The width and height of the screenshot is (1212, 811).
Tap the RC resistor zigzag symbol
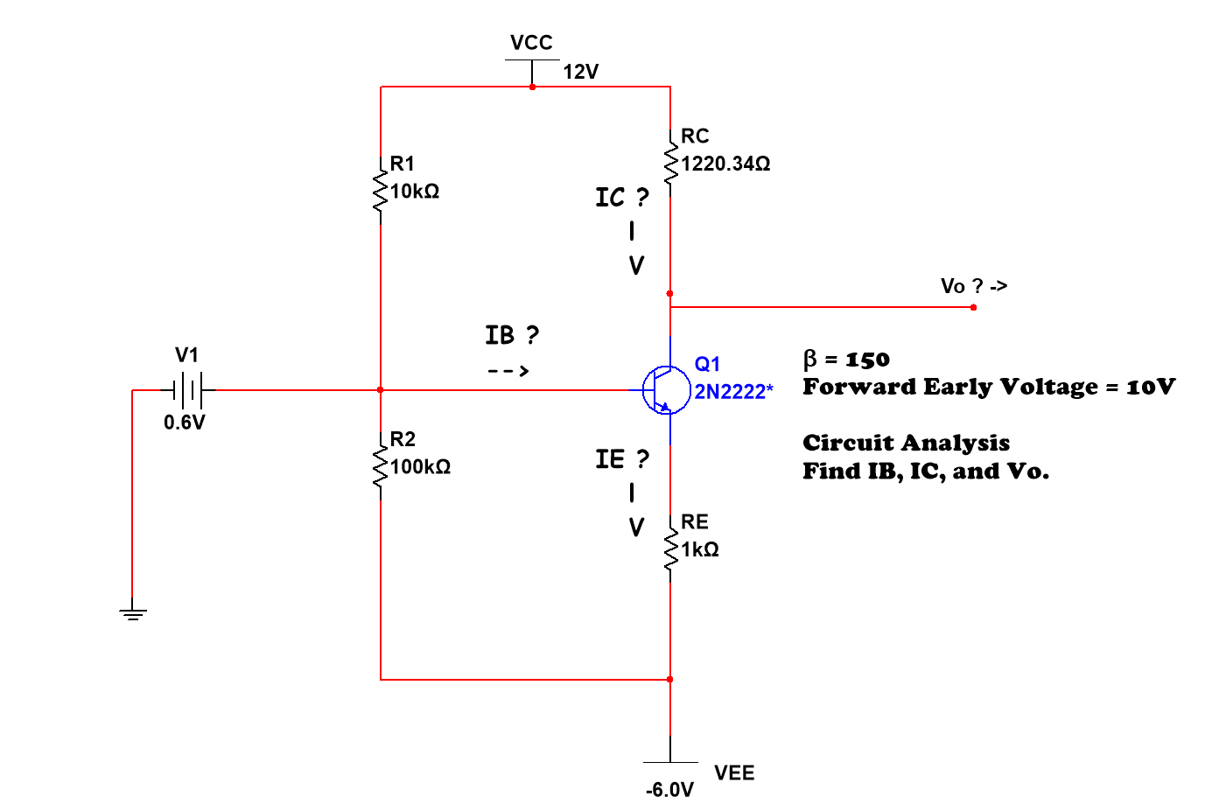point(670,164)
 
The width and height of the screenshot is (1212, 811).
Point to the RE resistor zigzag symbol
point(670,550)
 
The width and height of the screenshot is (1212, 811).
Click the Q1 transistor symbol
point(665,390)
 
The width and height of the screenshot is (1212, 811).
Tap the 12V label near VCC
point(580,72)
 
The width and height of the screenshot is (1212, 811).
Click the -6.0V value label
point(669,790)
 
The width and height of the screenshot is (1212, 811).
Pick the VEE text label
point(733,773)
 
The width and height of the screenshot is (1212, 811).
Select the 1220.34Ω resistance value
point(725,164)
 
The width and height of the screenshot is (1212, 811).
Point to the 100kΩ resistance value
point(420,467)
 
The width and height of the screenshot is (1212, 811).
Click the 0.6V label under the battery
point(185,423)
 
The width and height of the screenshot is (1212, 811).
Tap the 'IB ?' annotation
point(512,335)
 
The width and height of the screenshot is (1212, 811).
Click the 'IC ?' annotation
point(621,198)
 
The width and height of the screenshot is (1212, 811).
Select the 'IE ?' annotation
point(621,459)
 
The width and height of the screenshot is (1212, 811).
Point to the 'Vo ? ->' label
point(973,286)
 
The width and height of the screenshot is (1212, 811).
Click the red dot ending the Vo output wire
point(973,307)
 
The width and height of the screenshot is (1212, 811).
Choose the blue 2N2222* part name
point(733,392)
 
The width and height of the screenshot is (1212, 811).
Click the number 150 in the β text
point(867,360)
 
